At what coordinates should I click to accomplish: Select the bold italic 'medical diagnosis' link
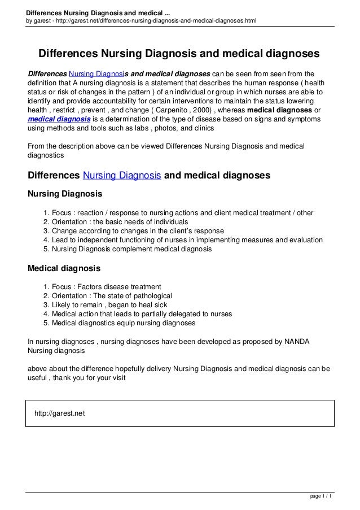[59, 119]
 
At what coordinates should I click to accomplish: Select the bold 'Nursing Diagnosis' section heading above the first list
[65, 194]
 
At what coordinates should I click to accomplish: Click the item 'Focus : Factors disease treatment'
[106, 286]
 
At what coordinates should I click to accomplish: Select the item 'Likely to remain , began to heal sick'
[112, 304]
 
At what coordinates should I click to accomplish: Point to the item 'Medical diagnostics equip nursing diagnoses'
[124, 323]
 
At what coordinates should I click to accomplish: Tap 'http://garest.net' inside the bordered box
[60, 413]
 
